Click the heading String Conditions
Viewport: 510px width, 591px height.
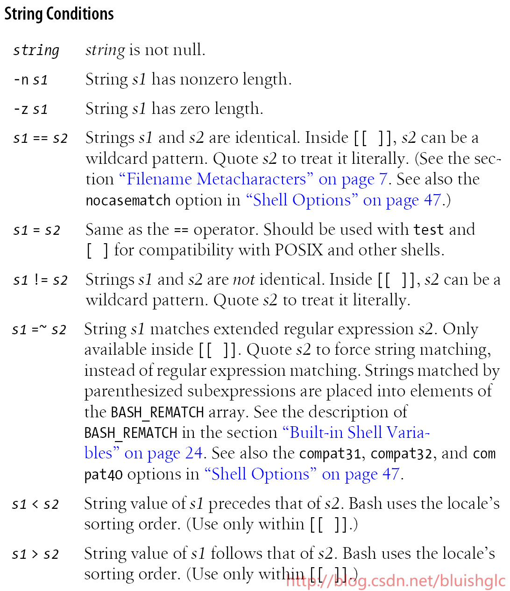[x=59, y=14]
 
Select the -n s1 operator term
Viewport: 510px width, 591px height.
[x=30, y=80]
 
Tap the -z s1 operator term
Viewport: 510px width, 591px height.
[x=30, y=109]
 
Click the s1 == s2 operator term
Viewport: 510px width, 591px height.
[x=41, y=138]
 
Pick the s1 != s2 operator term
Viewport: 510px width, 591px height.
[x=41, y=280]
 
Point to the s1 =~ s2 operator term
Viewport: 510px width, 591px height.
[x=39, y=330]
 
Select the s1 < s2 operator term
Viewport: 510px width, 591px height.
[x=35, y=504]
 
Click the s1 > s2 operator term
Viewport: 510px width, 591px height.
[x=35, y=554]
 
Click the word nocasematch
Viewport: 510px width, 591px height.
[x=128, y=200]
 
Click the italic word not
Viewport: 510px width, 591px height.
[x=244, y=280]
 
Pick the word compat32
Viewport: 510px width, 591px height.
[x=401, y=454]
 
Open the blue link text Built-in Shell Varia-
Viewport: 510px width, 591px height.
[x=356, y=433]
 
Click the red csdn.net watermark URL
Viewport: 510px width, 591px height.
[x=396, y=581]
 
